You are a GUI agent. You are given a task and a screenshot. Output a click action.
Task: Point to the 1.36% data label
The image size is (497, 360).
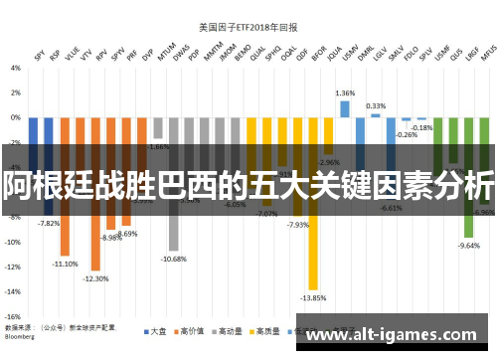pyautogui.click(x=345, y=92)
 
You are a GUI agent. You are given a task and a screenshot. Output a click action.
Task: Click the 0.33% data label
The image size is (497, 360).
pyautogui.click(x=376, y=105)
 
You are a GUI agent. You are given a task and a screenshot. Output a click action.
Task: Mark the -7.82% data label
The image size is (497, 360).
pyautogui.click(x=49, y=224)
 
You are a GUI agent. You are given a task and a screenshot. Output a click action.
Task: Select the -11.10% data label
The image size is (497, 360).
pyautogui.click(x=66, y=264)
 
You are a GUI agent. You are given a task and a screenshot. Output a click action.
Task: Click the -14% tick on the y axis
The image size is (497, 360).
pyautogui.click(x=13, y=291)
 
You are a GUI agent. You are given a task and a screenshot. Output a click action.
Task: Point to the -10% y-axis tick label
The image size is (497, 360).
pyautogui.click(x=13, y=242)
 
